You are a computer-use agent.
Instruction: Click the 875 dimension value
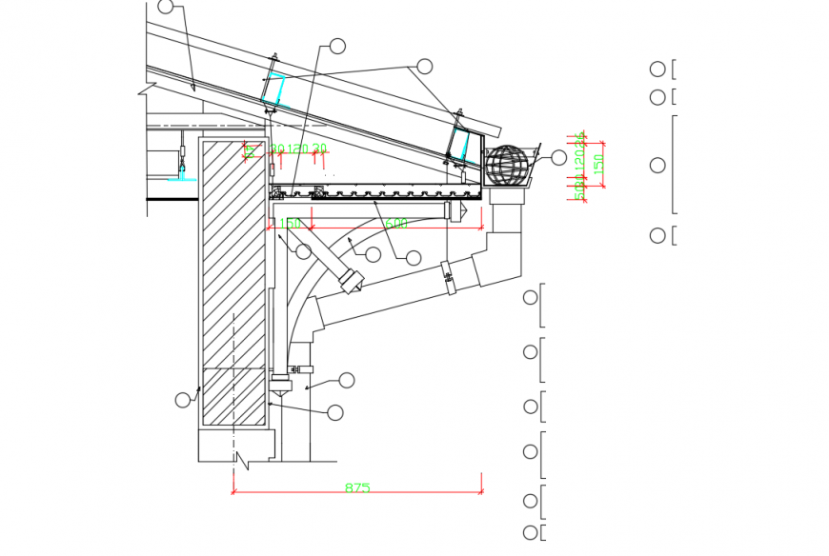coord(357,487)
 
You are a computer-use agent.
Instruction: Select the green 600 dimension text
coord(396,224)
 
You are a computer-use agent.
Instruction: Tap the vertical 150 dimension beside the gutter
coord(598,164)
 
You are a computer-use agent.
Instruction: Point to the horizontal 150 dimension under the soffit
coord(291,224)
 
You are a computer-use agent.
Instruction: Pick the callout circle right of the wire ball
coord(558,157)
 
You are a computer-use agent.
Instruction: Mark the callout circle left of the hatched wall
coord(183,400)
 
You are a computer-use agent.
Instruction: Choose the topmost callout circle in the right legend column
coord(657,69)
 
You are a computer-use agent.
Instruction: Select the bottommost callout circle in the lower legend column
coord(531,532)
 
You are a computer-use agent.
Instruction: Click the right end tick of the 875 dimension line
coord(481,492)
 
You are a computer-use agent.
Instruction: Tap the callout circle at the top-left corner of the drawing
coord(166,7)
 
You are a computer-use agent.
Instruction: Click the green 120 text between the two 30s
coord(299,149)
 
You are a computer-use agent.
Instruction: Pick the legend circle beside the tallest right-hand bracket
coord(657,166)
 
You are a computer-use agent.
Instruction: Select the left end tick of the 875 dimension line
coord(233,492)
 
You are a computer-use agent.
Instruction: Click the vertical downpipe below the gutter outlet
coord(507,238)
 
